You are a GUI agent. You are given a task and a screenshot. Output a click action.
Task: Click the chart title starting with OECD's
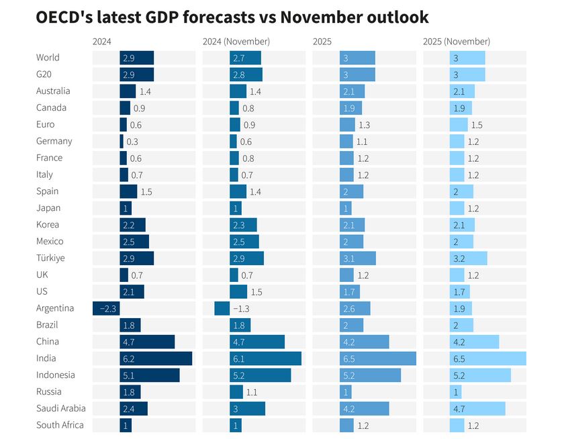232,17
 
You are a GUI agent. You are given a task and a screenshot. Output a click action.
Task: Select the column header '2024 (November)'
236,42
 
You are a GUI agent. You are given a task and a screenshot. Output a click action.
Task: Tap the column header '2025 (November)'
457,42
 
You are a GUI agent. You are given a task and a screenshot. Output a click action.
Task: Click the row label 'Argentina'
55,308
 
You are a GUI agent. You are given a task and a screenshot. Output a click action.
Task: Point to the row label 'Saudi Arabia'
60,408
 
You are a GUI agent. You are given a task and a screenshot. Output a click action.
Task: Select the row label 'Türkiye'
50,258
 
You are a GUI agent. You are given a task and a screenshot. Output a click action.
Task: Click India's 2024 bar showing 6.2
156,358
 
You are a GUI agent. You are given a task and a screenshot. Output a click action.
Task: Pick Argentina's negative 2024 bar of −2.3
106,308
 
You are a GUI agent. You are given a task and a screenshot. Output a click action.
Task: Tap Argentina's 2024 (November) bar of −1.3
222,308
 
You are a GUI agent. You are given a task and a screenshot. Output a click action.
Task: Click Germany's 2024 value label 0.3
132,142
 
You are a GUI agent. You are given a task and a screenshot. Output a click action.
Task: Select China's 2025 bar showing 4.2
364,342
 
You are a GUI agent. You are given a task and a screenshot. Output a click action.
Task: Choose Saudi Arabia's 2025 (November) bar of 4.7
477,408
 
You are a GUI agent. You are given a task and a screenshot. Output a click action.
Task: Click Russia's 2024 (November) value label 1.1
252,392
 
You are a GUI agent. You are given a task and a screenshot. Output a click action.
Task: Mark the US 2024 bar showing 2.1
132,291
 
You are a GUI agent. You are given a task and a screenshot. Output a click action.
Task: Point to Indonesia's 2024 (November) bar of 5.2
260,375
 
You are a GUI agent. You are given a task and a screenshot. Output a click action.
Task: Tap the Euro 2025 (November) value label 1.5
477,125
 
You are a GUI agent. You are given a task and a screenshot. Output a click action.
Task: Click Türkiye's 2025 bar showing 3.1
357,258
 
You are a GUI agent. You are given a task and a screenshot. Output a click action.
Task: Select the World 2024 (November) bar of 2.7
245,58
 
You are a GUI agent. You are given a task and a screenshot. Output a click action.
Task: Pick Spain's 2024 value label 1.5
146,192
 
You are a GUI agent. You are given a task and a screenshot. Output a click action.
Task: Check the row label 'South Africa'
60,425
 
